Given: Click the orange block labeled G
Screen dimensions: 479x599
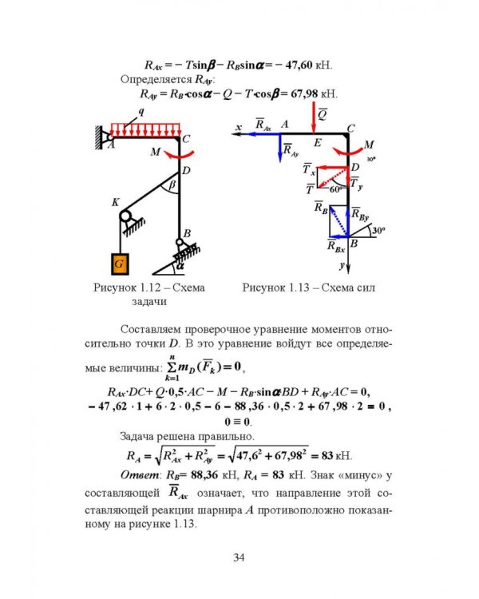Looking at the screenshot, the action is coord(120,264).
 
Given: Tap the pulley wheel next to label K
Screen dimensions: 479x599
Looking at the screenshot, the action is coord(125,216).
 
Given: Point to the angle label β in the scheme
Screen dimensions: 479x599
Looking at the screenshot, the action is coord(172,185).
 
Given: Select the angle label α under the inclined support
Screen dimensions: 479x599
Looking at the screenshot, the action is coord(180,265).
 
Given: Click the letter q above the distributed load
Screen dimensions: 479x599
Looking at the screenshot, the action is coord(141,113).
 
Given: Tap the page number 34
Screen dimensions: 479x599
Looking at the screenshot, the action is coord(239,557).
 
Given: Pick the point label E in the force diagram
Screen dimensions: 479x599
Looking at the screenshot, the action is coord(318,143).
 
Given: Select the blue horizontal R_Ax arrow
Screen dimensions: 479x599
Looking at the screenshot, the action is coord(263,133).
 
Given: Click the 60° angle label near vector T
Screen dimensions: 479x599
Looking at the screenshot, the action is coord(336,189).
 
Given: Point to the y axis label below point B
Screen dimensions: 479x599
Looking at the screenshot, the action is coord(342,265).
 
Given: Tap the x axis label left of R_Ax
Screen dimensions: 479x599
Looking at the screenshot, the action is coord(239,127).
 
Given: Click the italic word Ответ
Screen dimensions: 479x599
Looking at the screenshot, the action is coord(141,475).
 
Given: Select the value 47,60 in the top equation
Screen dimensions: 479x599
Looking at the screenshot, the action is coord(299,65).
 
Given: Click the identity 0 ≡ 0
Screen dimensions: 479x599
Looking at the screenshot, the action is coord(237,422).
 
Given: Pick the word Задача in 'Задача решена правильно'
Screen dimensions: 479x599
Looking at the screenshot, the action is coord(137,436).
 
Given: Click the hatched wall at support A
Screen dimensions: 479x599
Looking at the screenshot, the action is coord(99,137).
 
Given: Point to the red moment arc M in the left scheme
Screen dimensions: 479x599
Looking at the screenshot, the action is coord(179,156).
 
